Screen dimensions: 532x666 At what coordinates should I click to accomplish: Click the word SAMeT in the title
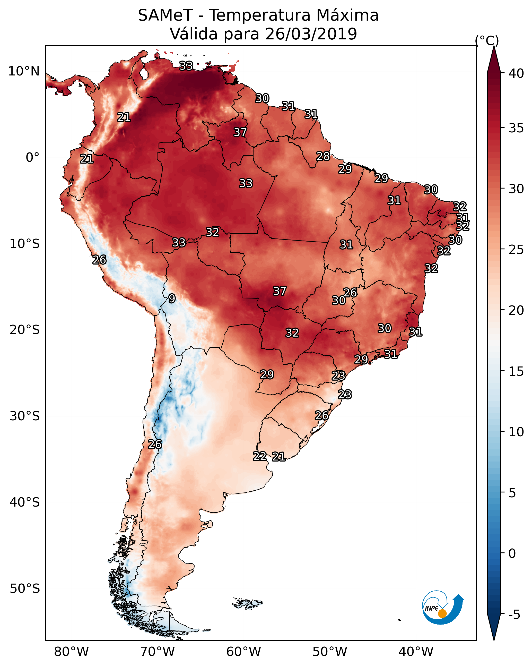click(165, 15)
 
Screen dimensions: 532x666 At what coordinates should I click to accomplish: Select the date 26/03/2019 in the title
click(311, 34)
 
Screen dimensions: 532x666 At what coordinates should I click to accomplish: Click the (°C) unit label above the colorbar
click(487, 40)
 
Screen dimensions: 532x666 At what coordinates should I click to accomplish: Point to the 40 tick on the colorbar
click(516, 73)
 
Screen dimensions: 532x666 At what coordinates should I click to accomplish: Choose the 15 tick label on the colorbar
click(516, 371)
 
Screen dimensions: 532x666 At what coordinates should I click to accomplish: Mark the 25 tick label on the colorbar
click(516, 250)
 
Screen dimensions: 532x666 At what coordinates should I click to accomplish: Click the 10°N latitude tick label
click(24, 71)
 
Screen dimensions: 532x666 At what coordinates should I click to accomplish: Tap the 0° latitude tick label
click(33, 158)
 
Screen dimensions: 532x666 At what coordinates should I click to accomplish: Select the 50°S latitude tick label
click(25, 588)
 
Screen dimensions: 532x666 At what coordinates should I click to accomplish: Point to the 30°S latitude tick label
click(25, 416)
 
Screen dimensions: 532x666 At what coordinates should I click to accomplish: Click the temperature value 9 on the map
click(172, 298)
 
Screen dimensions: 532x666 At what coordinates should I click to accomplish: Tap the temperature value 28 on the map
click(323, 156)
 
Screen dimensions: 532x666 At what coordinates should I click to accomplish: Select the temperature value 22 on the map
click(260, 456)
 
